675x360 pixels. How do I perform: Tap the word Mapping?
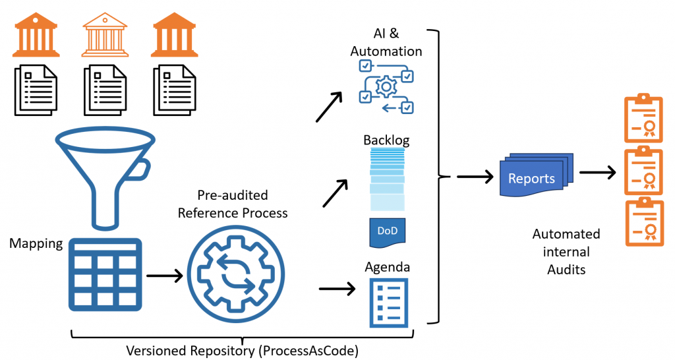pyautogui.click(x=36, y=244)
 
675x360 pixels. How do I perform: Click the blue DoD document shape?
pyautogui.click(x=387, y=232)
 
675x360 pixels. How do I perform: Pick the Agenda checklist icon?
pyautogui.click(x=388, y=302)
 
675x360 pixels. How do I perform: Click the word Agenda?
pyautogui.click(x=388, y=267)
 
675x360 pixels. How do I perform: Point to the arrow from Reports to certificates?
pyautogui.click(x=597, y=173)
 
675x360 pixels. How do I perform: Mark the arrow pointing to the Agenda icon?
pyautogui.click(x=337, y=289)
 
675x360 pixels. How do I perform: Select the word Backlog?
pyautogui.click(x=386, y=140)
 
